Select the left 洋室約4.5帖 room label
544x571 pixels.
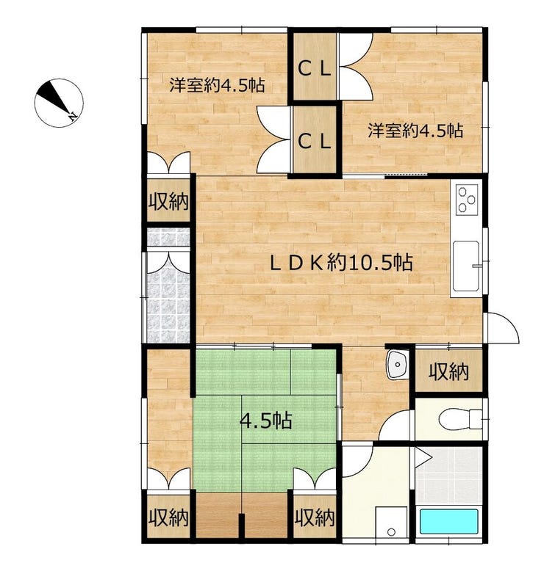[217, 84]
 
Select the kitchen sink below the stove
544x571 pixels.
[466, 264]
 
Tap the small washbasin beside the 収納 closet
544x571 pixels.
[398, 365]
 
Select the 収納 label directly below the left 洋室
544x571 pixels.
[168, 200]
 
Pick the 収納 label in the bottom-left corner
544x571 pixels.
[167, 517]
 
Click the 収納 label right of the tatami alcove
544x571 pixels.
[314, 517]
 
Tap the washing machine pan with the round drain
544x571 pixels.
[390, 523]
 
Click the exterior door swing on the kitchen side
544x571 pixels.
[504, 327]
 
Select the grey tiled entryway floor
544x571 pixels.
[168, 294]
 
